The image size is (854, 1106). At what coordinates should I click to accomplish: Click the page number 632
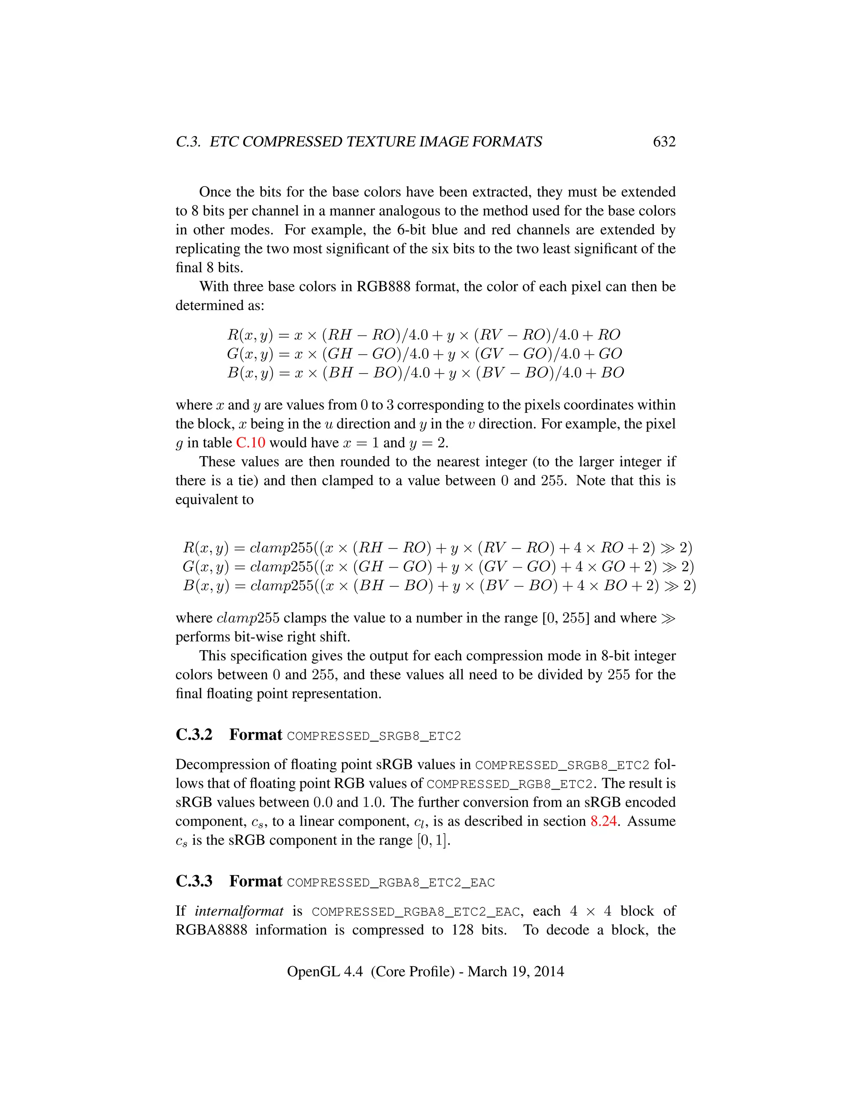664,142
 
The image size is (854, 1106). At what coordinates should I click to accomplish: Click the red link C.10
251,442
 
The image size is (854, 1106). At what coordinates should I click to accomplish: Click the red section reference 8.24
603,821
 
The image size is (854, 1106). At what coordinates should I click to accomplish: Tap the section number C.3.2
194,735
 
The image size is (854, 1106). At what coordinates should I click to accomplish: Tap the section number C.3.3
194,881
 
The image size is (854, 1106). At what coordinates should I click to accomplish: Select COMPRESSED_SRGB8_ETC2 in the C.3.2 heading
374,736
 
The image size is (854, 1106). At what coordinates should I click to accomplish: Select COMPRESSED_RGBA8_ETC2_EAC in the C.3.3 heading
391,883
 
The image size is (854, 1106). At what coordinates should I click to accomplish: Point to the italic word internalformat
239,911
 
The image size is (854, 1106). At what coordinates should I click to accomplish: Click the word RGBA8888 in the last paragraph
211,930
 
